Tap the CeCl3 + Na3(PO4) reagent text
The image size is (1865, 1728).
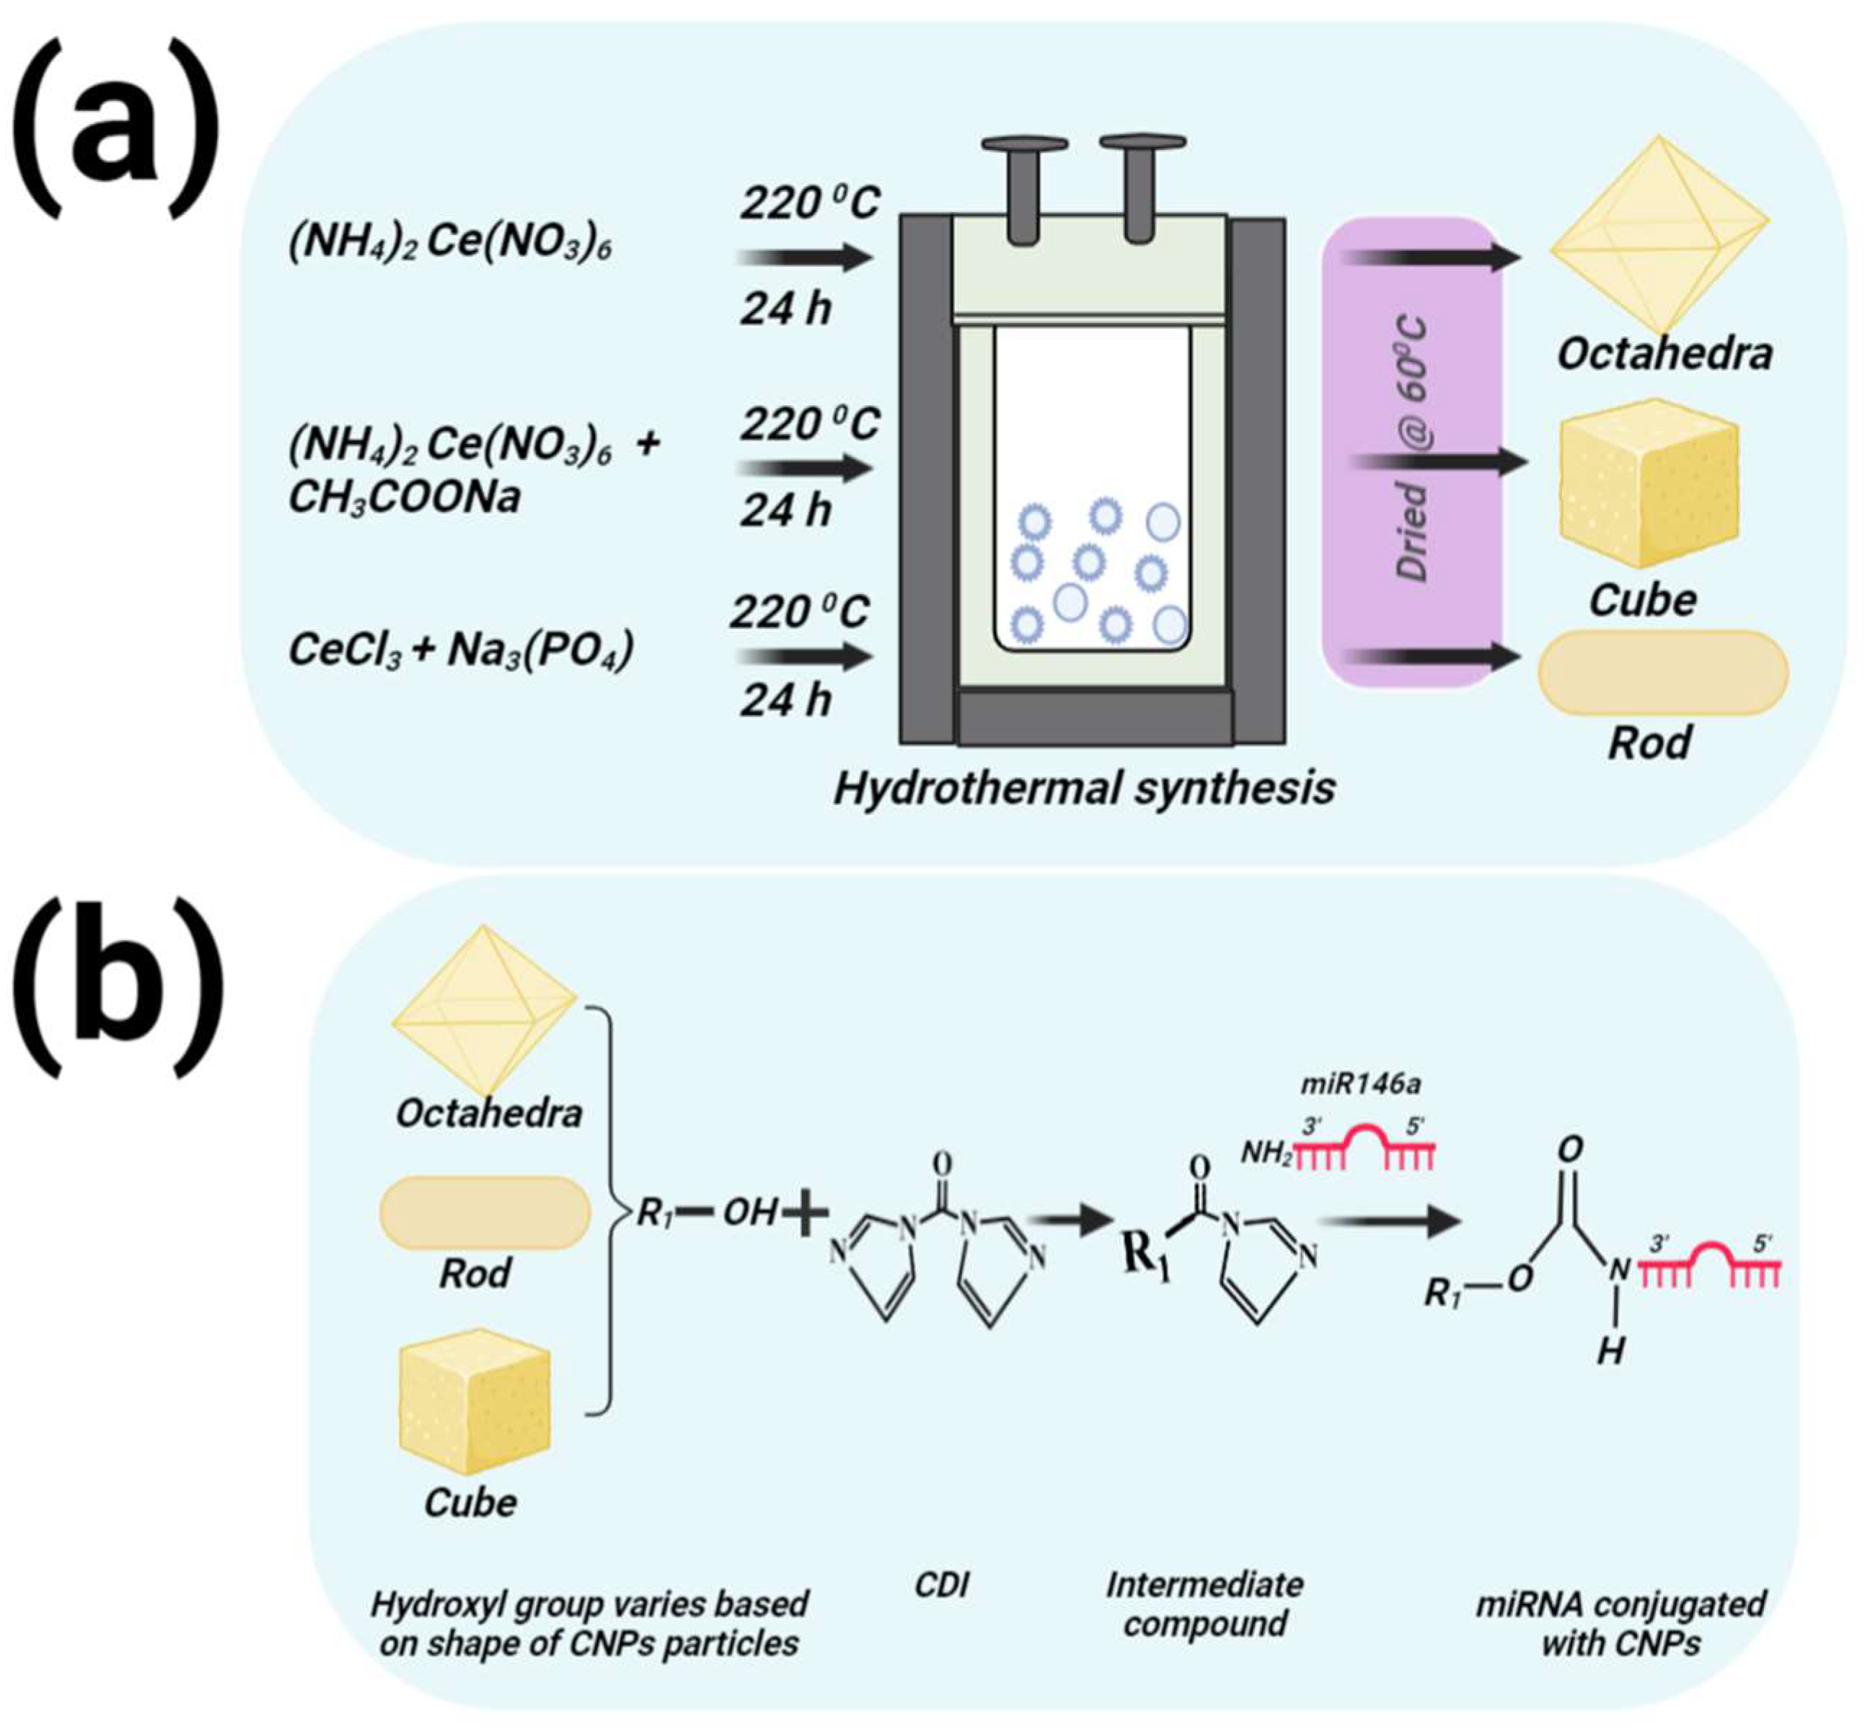point(461,650)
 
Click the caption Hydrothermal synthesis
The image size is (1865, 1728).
point(1084,788)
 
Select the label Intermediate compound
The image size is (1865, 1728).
point(1204,1603)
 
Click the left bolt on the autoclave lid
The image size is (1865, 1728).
point(1024,182)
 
